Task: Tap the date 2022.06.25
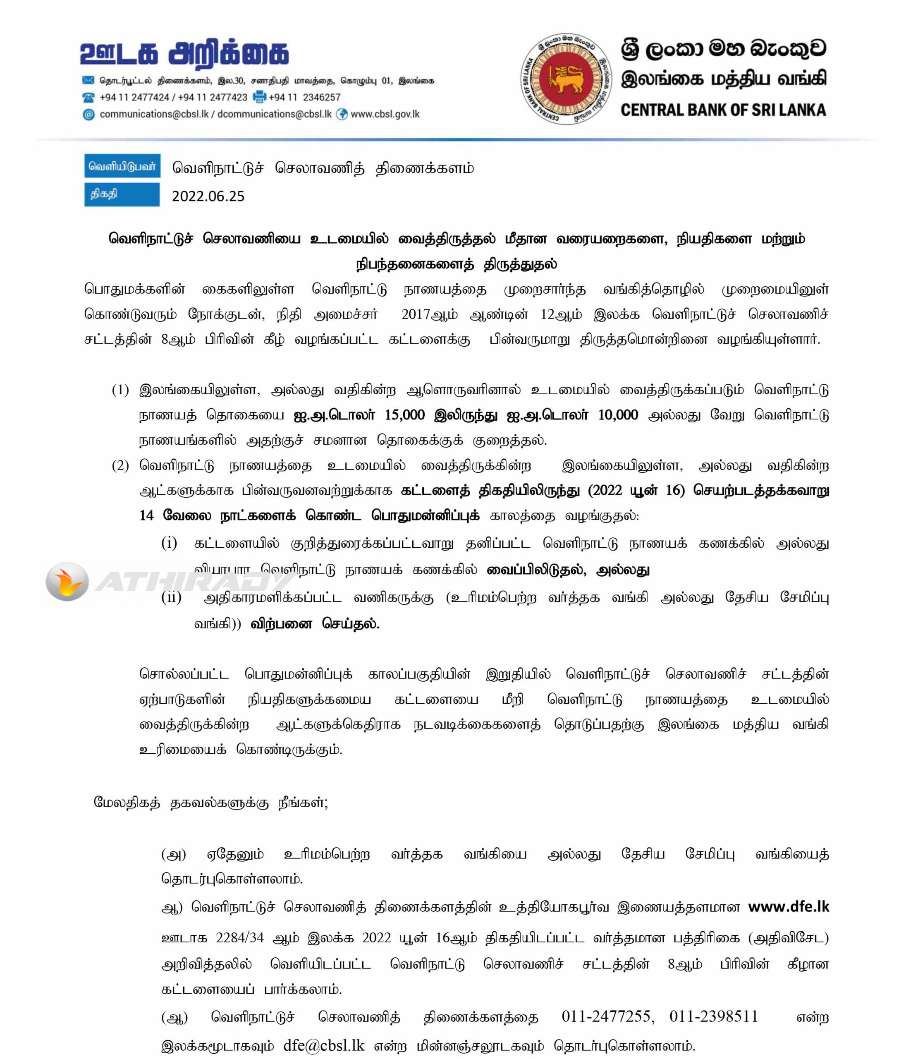(208, 196)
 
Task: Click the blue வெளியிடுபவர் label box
(122, 166)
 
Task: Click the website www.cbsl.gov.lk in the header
(385, 114)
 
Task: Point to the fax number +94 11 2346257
(305, 97)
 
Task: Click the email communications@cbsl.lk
(154, 114)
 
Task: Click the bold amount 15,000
(404, 414)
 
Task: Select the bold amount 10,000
(618, 414)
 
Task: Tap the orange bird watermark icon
(67, 582)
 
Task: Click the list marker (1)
(121, 390)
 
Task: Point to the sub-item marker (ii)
(171, 597)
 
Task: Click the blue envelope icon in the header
(88, 80)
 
